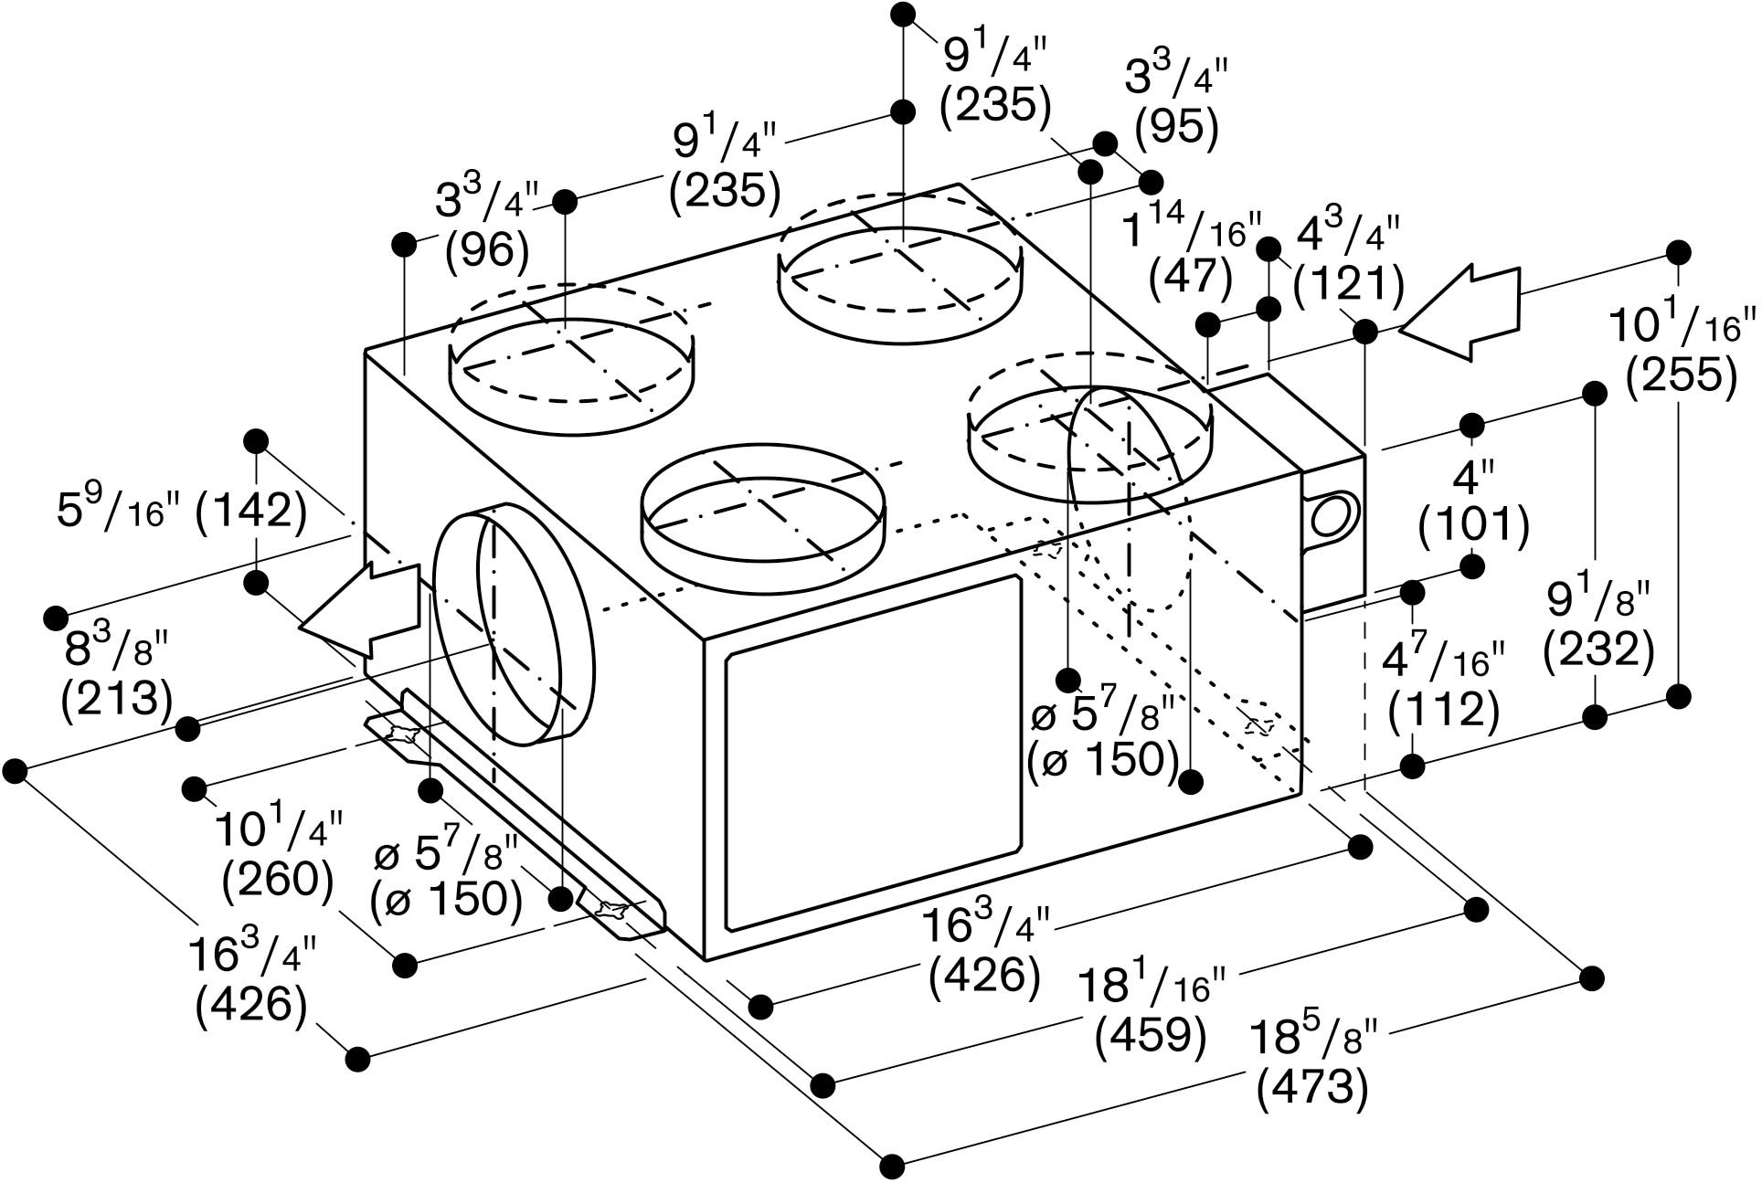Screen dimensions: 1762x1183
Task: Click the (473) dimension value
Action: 1312,1088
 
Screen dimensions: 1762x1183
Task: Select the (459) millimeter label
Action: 1151,1035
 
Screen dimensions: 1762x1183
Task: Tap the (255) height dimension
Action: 1682,375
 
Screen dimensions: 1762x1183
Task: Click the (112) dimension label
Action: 1444,713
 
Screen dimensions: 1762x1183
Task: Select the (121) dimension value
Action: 1349,286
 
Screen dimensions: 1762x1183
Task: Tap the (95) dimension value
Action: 1177,129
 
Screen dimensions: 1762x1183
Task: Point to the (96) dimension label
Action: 487,252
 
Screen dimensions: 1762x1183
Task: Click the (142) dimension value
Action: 250,511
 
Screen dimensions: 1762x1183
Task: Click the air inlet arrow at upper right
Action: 1459,311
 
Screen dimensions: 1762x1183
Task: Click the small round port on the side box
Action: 1331,517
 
